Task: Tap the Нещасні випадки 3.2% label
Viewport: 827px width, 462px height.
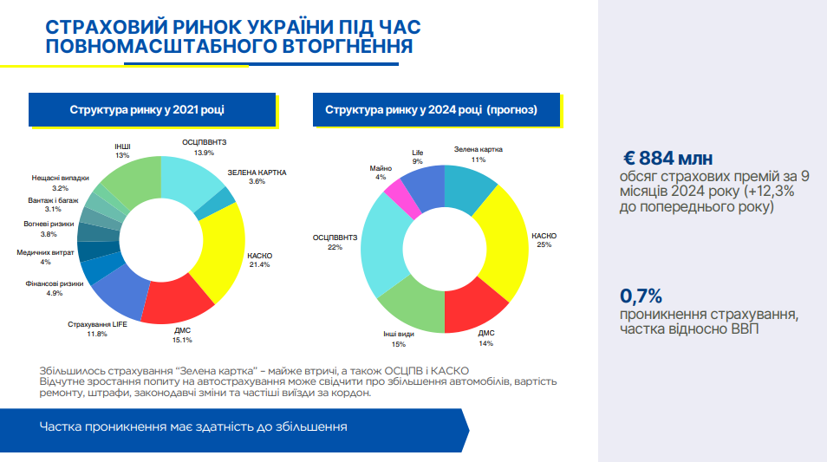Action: [61, 182]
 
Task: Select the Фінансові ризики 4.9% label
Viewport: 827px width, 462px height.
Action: [55, 288]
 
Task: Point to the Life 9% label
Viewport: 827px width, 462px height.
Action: [418, 157]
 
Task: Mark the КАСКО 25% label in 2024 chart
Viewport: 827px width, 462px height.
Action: [544, 240]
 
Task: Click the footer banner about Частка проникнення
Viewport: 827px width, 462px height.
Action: [234, 427]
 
